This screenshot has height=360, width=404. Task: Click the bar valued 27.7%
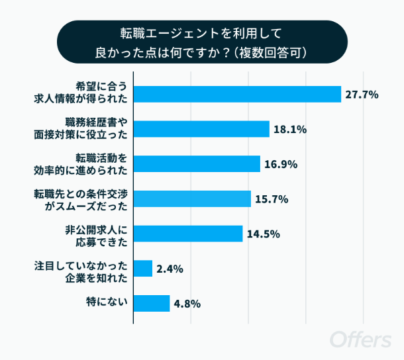coord(237,95)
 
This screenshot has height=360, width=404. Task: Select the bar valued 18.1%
coord(201,129)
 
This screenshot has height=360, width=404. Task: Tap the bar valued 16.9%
coord(197,164)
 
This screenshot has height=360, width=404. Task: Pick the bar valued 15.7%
coord(192,199)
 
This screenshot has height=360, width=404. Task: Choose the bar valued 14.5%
coord(188,234)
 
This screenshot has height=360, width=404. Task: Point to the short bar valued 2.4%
coord(143,268)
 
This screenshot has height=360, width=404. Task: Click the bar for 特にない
coord(152,303)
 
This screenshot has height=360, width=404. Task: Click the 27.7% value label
coord(361,95)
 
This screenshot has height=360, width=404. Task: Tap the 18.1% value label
coord(290,130)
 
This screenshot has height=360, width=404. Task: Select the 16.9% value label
coord(281,164)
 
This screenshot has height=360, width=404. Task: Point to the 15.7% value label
coord(272,199)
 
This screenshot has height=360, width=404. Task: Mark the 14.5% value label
coord(263,234)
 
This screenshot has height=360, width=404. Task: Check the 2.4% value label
coord(170,269)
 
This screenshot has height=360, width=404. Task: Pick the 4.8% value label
coord(187,304)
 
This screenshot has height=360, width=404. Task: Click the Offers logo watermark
coord(360,339)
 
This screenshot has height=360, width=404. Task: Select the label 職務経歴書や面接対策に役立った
coord(95,129)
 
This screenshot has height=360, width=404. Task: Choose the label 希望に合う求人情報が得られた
coord(95,95)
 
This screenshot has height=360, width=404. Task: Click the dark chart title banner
coord(201,41)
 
